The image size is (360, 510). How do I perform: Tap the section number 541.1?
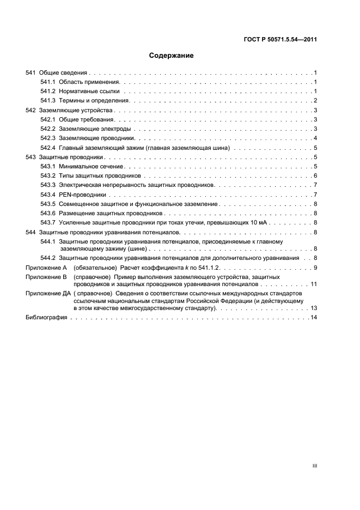coord(48,82)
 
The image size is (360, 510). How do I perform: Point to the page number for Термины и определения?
coord(315,100)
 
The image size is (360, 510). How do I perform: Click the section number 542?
coord(31,110)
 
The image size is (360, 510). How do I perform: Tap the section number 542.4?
coord(48,148)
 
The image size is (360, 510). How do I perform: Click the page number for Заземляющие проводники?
coord(315,138)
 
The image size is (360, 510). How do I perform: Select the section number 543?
coord(31,157)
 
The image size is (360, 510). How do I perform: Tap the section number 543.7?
coord(48,223)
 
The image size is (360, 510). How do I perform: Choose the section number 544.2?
coord(48,257)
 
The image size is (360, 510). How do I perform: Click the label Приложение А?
coord(46,267)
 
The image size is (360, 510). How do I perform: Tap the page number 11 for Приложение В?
coord(314,284)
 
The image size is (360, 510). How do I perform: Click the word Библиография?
coord(46,318)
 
